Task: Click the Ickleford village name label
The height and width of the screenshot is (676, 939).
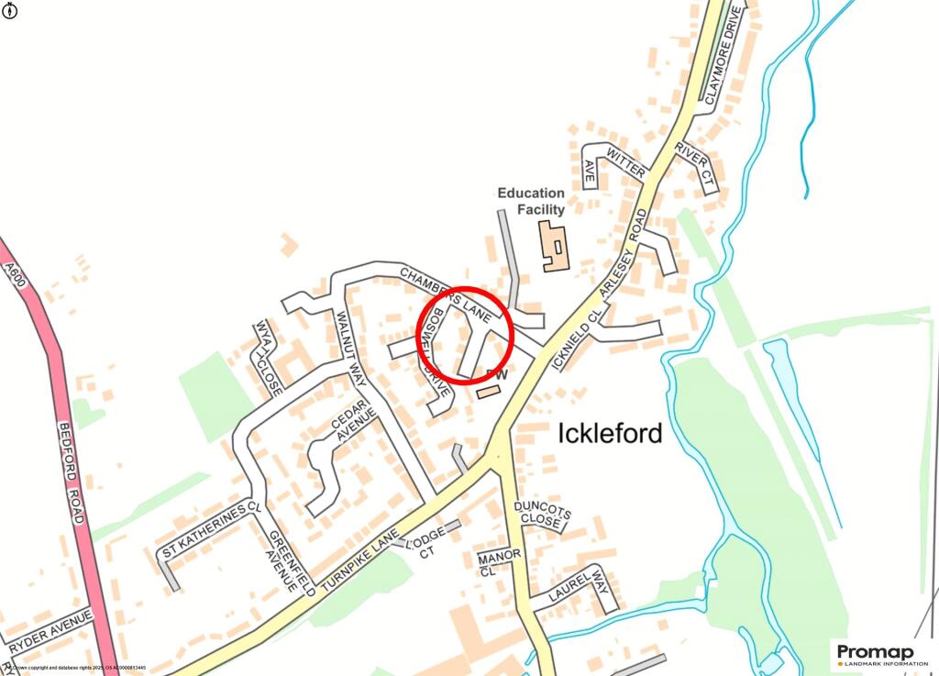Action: click(x=610, y=433)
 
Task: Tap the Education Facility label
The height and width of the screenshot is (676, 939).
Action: click(x=531, y=201)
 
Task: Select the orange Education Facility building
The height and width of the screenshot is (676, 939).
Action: click(x=553, y=246)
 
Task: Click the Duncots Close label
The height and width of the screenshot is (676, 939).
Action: click(x=542, y=514)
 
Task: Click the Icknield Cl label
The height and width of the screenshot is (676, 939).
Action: click(x=574, y=338)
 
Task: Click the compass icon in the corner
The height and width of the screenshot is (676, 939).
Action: click(x=10, y=10)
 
